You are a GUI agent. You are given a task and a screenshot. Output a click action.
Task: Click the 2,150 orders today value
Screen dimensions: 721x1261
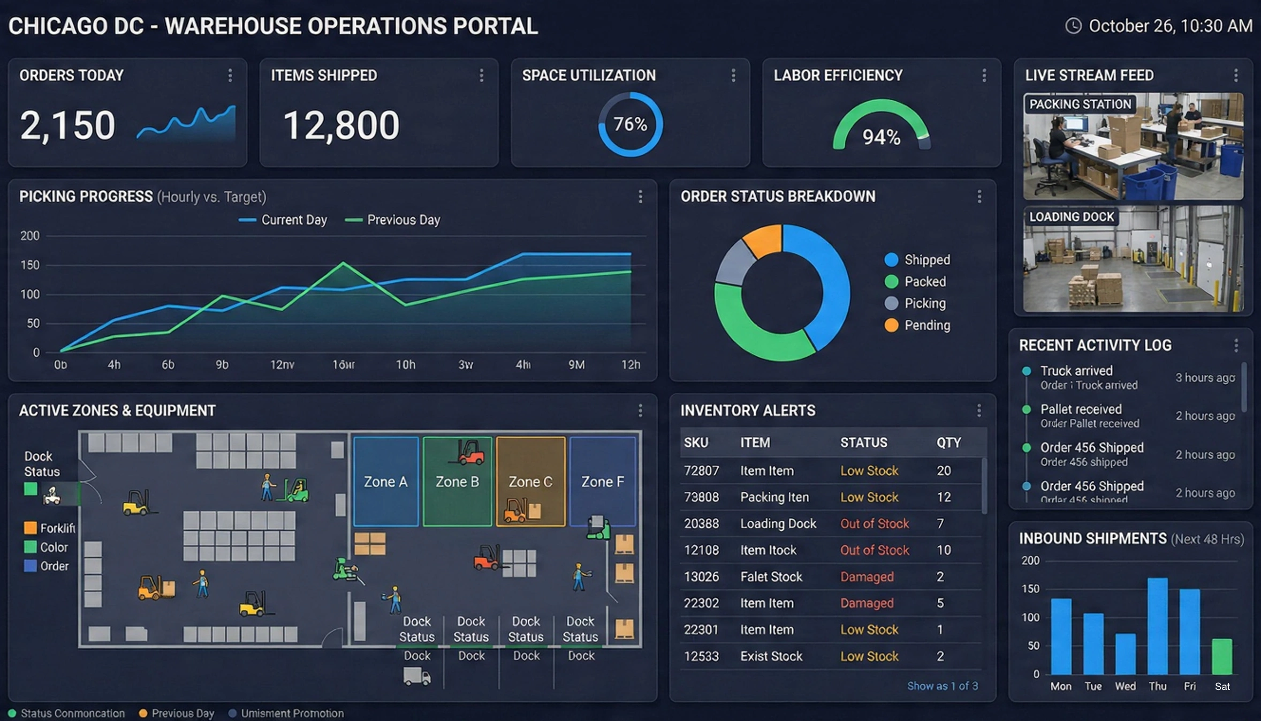pyautogui.click(x=67, y=126)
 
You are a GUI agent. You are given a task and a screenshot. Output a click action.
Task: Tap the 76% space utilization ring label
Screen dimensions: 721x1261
pyautogui.click(x=630, y=124)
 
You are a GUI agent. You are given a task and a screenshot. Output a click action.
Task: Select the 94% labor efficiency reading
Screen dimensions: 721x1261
pyautogui.click(x=881, y=137)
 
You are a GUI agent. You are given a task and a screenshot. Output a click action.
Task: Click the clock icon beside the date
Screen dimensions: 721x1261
pyautogui.click(x=1073, y=26)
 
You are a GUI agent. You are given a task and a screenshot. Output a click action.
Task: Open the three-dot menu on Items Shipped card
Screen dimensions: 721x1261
pyautogui.click(x=481, y=76)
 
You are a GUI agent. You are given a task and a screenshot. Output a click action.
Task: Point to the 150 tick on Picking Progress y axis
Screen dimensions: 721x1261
pyautogui.click(x=30, y=265)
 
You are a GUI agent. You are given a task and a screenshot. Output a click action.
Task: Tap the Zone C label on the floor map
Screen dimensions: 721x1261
pyautogui.click(x=530, y=482)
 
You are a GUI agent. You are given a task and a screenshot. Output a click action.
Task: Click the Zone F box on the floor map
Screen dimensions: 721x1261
pyautogui.click(x=603, y=482)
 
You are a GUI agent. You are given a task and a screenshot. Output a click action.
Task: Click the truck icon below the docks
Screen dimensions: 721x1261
pyautogui.click(x=417, y=676)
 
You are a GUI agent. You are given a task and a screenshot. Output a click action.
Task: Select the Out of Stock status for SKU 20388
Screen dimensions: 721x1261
pyautogui.click(x=874, y=523)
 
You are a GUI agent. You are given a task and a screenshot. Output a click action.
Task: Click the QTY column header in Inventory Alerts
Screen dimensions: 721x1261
pyautogui.click(x=948, y=442)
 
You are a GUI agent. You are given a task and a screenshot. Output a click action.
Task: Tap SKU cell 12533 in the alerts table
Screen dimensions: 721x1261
pyautogui.click(x=701, y=656)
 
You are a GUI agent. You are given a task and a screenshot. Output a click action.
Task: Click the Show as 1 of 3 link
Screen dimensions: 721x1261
pyautogui.click(x=942, y=686)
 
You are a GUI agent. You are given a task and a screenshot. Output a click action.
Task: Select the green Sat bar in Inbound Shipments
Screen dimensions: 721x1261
pyautogui.click(x=1222, y=656)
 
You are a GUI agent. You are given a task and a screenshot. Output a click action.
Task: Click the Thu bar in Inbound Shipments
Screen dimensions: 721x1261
pyautogui.click(x=1157, y=626)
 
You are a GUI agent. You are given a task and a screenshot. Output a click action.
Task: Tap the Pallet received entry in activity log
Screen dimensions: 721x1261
pyautogui.click(x=1081, y=410)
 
